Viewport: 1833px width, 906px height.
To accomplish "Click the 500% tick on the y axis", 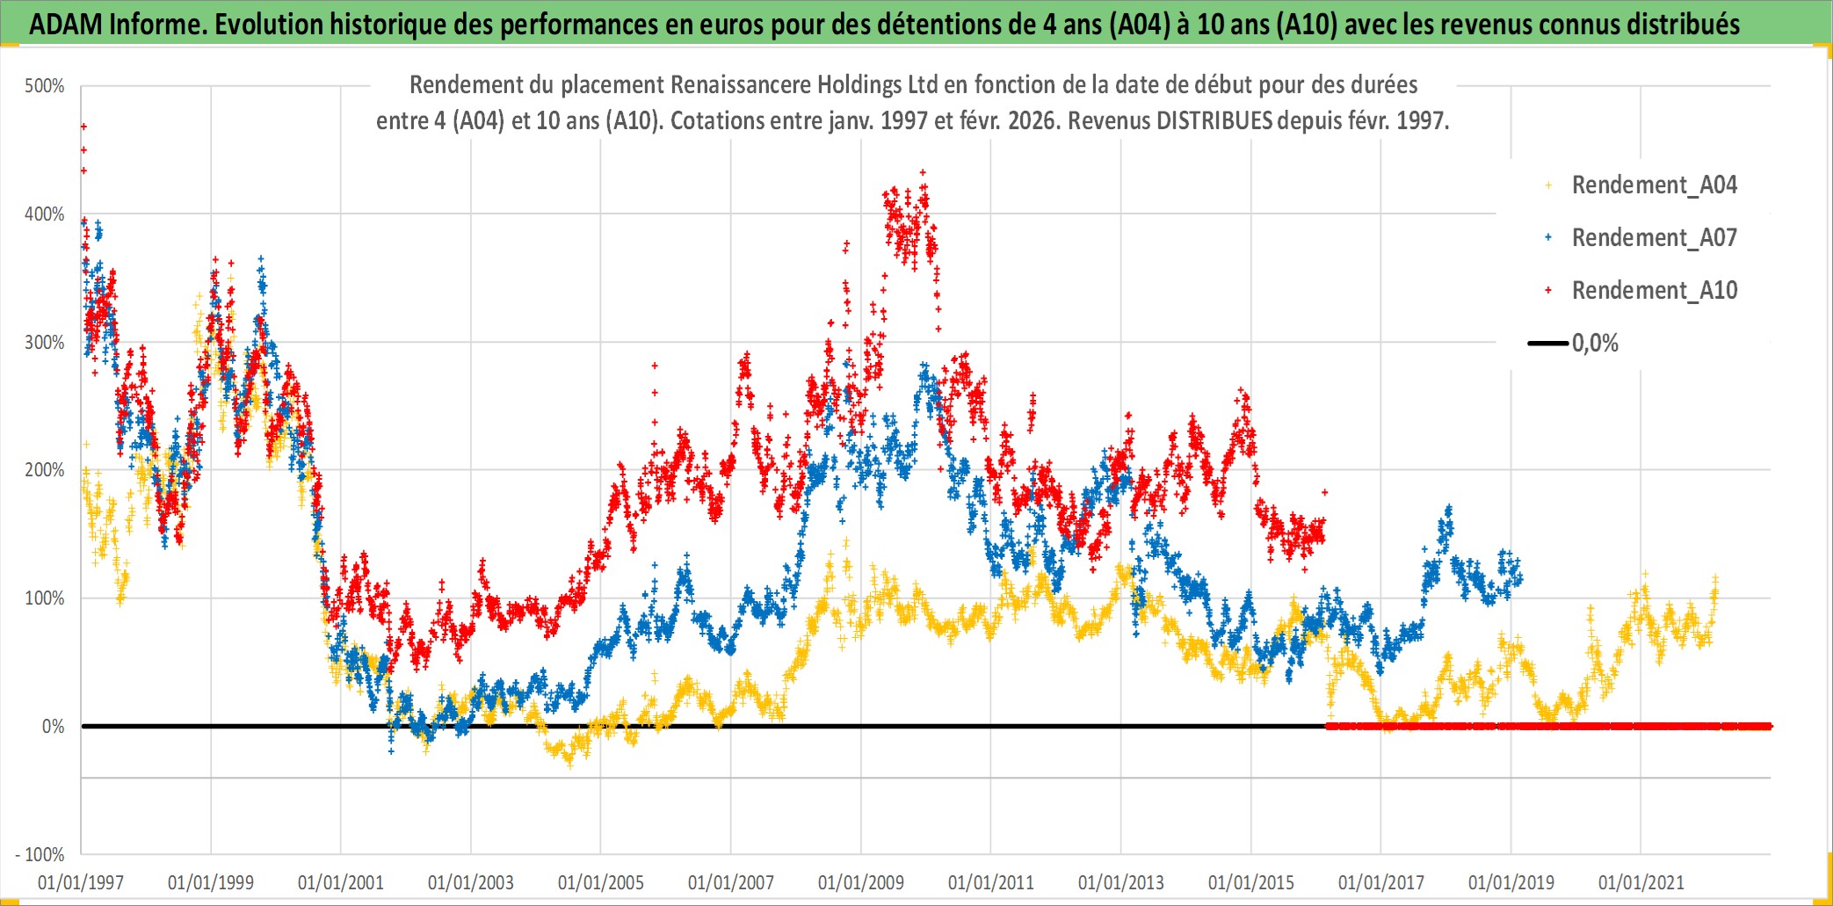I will pos(45,86).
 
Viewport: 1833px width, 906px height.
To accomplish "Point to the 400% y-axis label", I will pos(45,214).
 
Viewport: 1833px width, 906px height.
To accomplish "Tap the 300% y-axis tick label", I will pos(45,343).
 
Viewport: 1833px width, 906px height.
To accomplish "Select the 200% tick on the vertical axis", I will pos(45,470).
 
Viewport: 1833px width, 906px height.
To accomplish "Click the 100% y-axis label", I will pos(45,598).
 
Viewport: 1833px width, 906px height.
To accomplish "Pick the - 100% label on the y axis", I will pos(40,854).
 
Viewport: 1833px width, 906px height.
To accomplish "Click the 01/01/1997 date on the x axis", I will pos(81,882).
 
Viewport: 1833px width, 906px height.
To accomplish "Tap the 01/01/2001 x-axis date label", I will pos(341,882).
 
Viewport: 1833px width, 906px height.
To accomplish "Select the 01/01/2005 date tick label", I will pos(601,882).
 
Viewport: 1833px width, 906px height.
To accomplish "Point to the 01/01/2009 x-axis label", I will pos(861,882).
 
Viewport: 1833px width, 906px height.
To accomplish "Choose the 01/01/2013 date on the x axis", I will pos(1121,882).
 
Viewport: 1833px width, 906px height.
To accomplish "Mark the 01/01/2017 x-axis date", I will pos(1381,882).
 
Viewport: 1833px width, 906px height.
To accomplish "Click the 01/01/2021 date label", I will pos(1641,882).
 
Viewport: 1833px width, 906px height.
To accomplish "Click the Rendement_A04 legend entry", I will pos(1654,185).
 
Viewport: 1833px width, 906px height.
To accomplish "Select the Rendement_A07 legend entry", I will pos(1654,238).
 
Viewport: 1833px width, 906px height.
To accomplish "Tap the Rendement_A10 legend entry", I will pos(1654,291).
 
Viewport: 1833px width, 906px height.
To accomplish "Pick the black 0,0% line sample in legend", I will pos(1548,344).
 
